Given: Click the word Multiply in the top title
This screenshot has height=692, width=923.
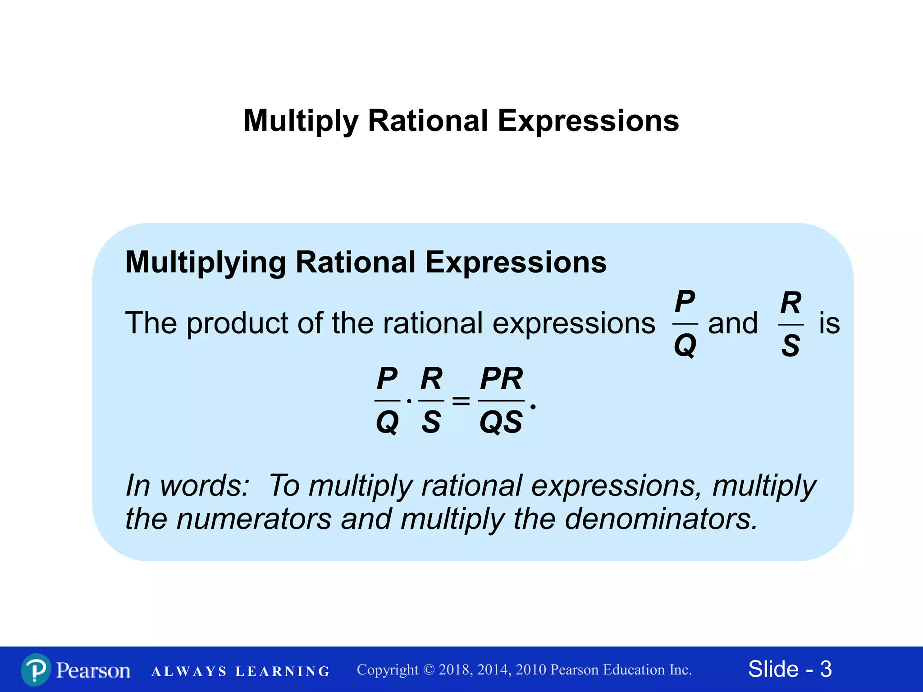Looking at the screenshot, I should (x=301, y=121).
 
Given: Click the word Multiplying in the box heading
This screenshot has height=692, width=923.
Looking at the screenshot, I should (x=206, y=263).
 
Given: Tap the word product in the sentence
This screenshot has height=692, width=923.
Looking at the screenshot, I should (x=237, y=323).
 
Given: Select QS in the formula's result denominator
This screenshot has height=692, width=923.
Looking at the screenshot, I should (x=501, y=422).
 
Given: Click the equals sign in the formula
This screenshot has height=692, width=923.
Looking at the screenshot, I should (x=461, y=400).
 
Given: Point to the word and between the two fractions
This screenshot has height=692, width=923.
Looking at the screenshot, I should (x=733, y=323).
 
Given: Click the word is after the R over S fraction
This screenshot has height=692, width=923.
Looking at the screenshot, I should (x=829, y=323).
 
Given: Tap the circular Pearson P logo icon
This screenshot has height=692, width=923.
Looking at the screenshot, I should (x=36, y=670).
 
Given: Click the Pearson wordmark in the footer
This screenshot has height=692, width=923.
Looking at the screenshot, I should (x=93, y=670).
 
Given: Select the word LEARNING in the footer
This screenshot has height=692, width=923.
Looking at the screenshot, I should (x=283, y=672).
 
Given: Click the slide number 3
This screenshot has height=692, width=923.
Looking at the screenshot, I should (x=826, y=669).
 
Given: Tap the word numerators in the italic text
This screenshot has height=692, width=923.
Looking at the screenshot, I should (x=254, y=519).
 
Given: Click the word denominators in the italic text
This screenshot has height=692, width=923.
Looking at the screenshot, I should (x=661, y=519).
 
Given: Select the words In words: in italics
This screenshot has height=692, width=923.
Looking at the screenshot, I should (x=187, y=486).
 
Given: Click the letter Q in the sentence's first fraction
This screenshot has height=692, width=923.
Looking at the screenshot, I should (x=685, y=346).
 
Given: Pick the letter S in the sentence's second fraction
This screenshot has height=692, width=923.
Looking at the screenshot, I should (x=790, y=346).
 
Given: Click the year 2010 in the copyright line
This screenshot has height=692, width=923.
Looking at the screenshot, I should (x=532, y=670).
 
